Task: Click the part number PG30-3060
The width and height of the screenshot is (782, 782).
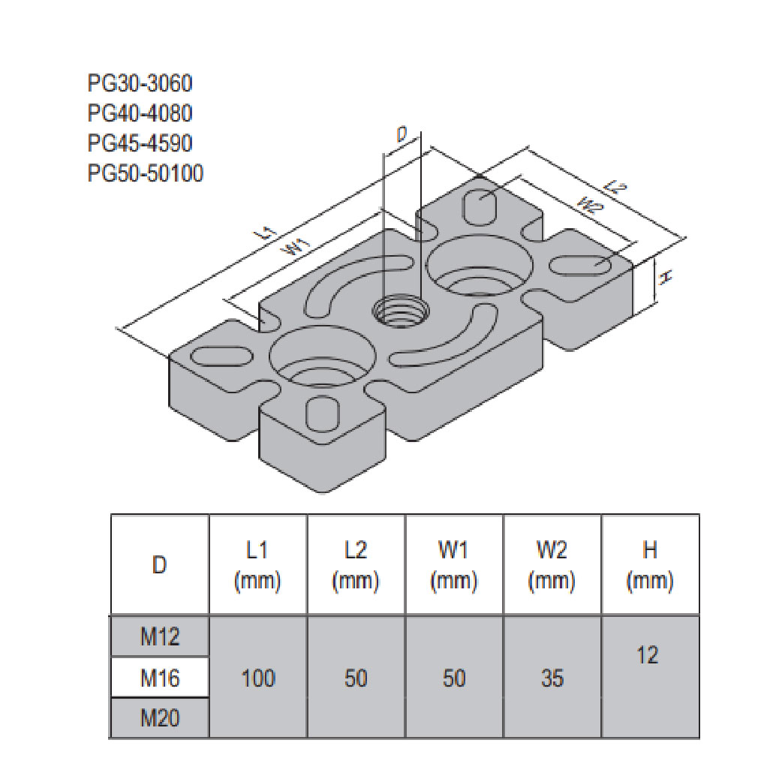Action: point(145,83)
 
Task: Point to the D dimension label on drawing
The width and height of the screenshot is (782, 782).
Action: point(402,135)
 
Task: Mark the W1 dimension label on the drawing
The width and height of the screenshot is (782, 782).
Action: point(297,247)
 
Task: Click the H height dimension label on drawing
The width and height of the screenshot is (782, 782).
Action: point(663,278)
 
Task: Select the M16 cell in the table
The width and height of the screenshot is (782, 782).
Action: point(160,678)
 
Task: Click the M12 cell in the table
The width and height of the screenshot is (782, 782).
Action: point(160,638)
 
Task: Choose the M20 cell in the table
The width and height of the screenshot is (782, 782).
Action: point(160,718)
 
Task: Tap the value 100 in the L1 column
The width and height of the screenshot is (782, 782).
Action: point(257,678)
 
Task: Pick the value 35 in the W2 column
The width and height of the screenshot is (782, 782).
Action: point(552,678)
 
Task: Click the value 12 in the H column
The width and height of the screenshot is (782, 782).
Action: point(650,654)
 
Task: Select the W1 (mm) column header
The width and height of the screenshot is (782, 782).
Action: point(454,564)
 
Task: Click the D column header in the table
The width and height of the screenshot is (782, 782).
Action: point(159,565)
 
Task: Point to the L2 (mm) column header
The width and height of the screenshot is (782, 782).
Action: point(356,564)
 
